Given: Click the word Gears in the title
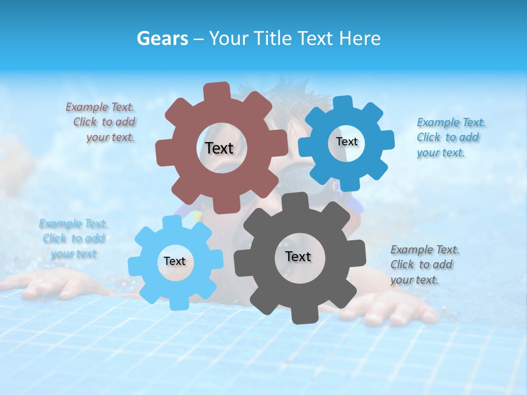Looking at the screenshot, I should pyautogui.click(x=162, y=38).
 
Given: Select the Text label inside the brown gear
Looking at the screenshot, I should pyautogui.click(x=219, y=148).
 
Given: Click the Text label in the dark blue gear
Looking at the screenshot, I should pyautogui.click(x=346, y=142).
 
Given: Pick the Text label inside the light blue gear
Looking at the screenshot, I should pyautogui.click(x=175, y=262).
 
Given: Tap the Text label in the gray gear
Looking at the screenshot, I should pyautogui.click(x=298, y=256).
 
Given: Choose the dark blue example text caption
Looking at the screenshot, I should pyautogui.click(x=450, y=137).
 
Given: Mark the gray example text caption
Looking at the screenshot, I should pyautogui.click(x=424, y=264).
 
